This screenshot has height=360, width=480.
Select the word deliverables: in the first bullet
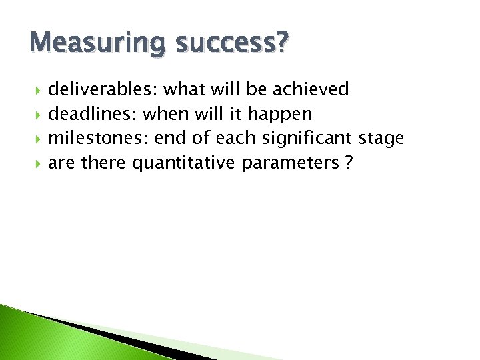click(103, 89)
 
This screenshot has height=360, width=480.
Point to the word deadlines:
click(93, 114)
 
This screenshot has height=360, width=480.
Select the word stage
click(381, 139)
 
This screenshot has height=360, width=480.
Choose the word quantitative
click(184, 163)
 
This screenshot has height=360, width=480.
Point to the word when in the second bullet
click(165, 114)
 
